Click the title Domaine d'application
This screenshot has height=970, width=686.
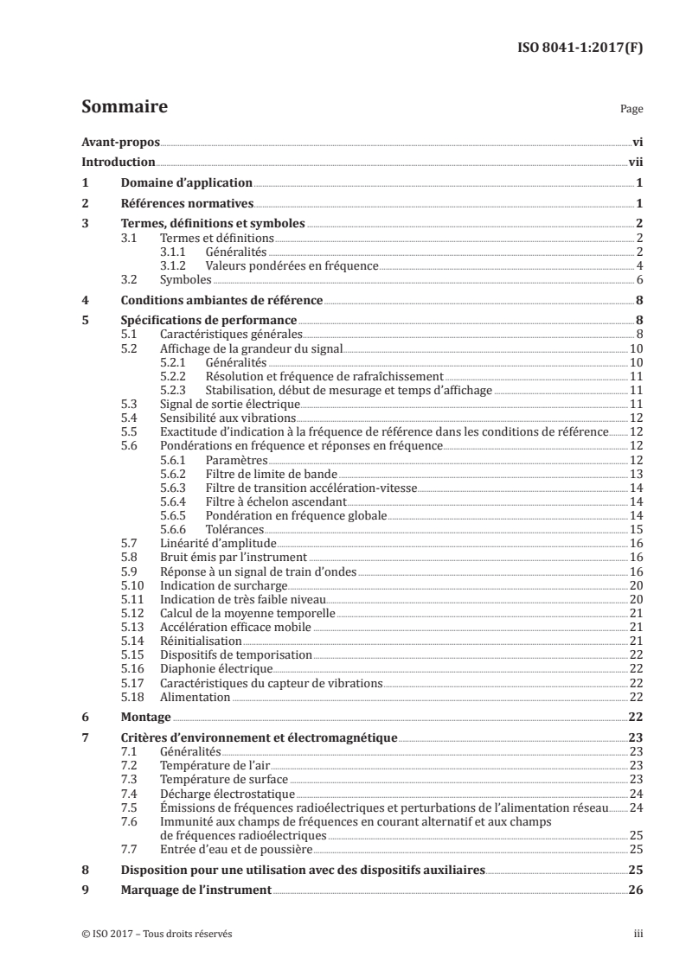[x=186, y=183]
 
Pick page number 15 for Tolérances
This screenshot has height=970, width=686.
[x=636, y=529]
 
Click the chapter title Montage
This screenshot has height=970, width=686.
[x=145, y=717]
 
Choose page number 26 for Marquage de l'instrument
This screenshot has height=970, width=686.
[x=634, y=890]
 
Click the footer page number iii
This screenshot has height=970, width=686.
[x=638, y=934]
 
